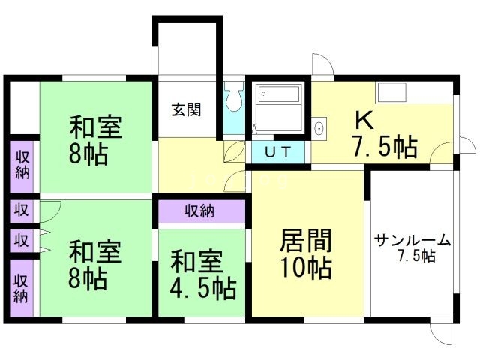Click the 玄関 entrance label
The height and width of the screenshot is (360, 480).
point(186,109)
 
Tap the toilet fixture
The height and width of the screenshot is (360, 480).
point(233,98)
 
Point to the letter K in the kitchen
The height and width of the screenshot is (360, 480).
point(363,120)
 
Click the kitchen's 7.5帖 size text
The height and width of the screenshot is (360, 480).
point(385,147)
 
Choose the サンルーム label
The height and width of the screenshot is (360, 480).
point(412,240)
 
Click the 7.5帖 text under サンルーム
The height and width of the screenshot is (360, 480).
point(417,256)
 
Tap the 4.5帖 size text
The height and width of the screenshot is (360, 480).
point(202,287)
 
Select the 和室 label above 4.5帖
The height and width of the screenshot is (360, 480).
point(196,262)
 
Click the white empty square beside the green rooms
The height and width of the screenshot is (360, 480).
point(22,109)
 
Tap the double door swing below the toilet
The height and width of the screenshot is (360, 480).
point(237,166)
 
